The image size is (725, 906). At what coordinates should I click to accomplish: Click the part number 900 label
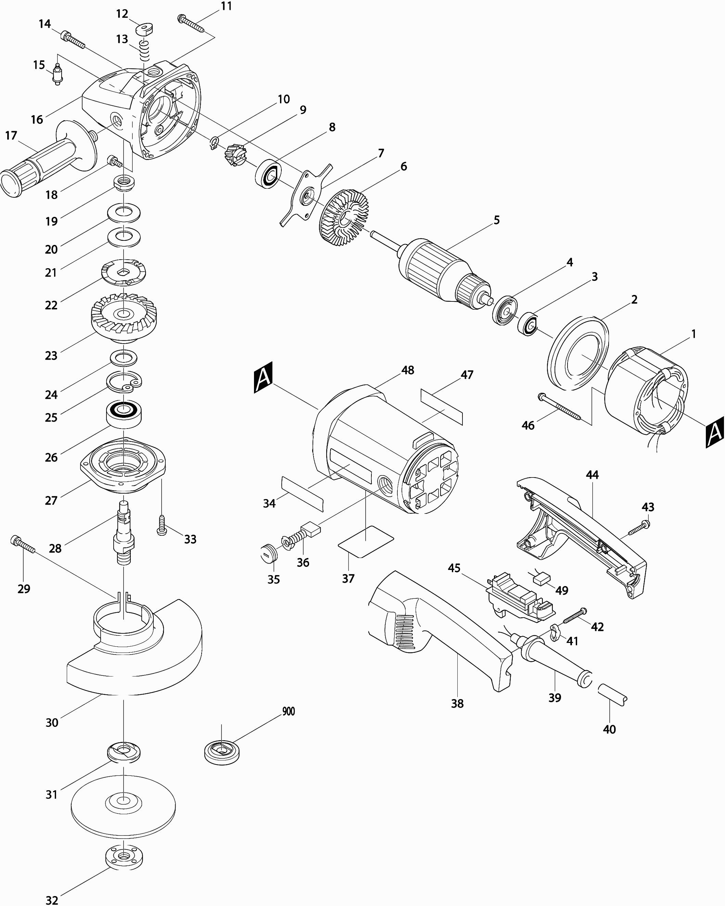(x=289, y=711)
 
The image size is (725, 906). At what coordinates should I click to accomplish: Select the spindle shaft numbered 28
(x=124, y=533)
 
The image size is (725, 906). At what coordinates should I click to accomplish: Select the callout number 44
(x=592, y=475)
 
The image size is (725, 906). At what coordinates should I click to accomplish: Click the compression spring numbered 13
(x=144, y=51)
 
